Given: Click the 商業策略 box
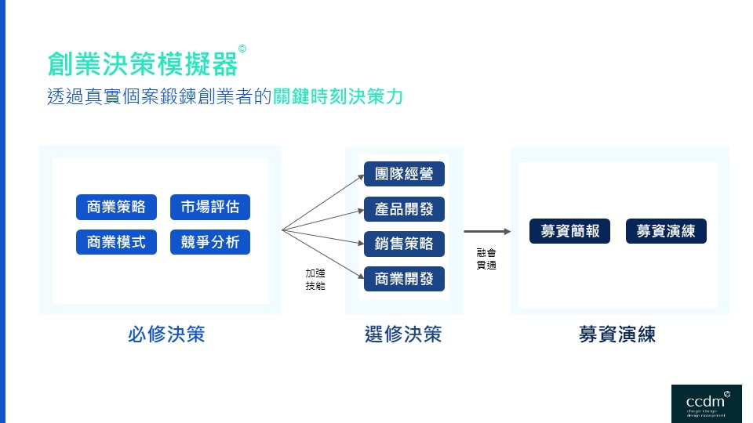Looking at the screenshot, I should tap(116, 208).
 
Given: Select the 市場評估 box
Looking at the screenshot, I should tap(210, 208).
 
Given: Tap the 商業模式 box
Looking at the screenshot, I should tap(116, 241).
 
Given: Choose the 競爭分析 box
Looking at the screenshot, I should tap(210, 241).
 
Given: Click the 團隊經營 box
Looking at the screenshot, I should tap(404, 174).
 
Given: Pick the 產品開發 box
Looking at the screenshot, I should tap(404, 209).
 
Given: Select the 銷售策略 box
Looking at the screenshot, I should tap(404, 244).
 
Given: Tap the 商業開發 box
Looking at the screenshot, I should tap(404, 279).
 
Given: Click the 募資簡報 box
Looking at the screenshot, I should tap(569, 231).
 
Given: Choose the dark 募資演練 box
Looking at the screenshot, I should tap(666, 231).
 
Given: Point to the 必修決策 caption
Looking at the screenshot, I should tap(166, 334).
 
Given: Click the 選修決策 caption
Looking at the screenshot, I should tap(404, 334).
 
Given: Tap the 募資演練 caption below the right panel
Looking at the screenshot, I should tap(617, 334).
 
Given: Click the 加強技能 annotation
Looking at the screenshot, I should tap(315, 280).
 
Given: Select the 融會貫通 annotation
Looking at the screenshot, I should tap(486, 259).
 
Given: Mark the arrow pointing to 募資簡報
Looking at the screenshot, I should tap(488, 231).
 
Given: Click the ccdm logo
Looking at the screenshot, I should tap(706, 403).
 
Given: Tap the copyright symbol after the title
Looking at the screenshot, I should tap(242, 49).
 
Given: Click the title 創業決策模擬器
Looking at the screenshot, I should tap(142, 63).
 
